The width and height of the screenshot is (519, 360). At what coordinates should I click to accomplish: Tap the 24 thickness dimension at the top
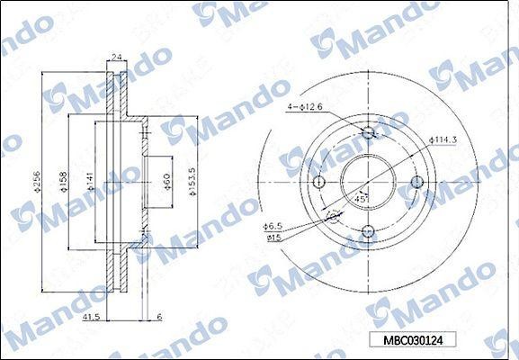pos(116,55)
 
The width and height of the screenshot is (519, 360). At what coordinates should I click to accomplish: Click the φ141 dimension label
pos(89,184)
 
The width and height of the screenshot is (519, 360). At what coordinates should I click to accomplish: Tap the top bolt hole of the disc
pos(367,134)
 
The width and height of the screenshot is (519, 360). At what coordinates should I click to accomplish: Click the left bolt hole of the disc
pos(318,183)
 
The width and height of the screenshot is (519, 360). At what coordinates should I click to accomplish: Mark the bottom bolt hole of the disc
pos(367,231)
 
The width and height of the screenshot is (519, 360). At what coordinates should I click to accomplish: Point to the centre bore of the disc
pos(367,183)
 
